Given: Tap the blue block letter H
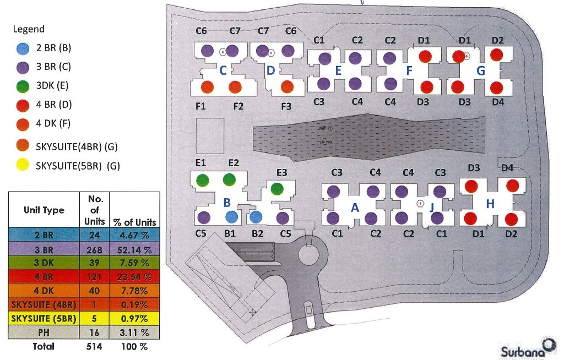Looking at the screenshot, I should [x=490, y=204].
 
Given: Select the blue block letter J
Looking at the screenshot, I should [x=431, y=207].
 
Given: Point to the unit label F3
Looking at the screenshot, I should [x=286, y=106].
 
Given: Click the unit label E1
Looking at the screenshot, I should [x=200, y=163].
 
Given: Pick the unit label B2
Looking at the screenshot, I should [x=258, y=233].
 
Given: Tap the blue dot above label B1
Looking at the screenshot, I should [x=231, y=216].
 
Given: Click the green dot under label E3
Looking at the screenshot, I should [x=278, y=189].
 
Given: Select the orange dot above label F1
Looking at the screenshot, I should [x=207, y=87].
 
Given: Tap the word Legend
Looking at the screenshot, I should [x=29, y=29].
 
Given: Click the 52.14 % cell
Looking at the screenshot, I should [x=135, y=249].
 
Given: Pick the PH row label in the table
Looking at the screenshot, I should [x=44, y=332].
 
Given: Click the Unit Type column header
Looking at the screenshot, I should [x=44, y=210].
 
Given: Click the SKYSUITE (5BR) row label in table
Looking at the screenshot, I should [x=44, y=319].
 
